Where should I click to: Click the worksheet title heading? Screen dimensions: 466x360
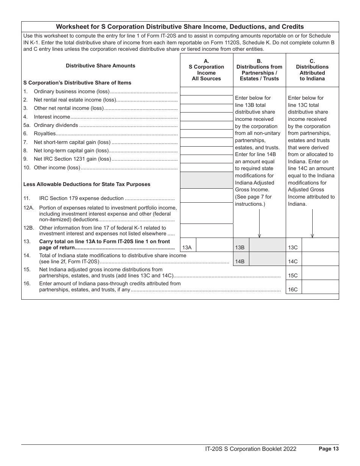[x=180, y=27]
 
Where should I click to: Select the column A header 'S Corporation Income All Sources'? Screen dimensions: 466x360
[x=207, y=70]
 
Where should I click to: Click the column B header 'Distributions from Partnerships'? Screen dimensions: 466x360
[x=259, y=70]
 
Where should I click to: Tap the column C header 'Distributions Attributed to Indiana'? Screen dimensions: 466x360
[x=312, y=70]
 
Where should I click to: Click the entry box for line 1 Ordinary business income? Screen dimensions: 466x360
[x=207, y=91]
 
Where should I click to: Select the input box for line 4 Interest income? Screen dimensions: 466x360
[x=207, y=117]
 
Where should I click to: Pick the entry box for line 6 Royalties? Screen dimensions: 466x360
[x=207, y=134]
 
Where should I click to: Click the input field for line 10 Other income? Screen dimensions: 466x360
[x=207, y=167]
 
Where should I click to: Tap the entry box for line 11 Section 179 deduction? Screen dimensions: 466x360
[x=207, y=195]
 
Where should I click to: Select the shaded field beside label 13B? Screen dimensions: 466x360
[x=268, y=245]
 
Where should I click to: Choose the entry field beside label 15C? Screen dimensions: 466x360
[x=320, y=273]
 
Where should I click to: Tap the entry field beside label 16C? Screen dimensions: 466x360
[x=320, y=287]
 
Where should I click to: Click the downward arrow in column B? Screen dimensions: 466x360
[x=259, y=224]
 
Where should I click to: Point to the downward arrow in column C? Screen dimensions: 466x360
[x=312, y=224]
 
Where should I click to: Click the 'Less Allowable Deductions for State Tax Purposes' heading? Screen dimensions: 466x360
[x=87, y=185]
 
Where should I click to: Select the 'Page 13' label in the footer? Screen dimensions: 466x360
[x=329, y=449]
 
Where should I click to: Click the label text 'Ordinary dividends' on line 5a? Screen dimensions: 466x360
[x=56, y=125]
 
